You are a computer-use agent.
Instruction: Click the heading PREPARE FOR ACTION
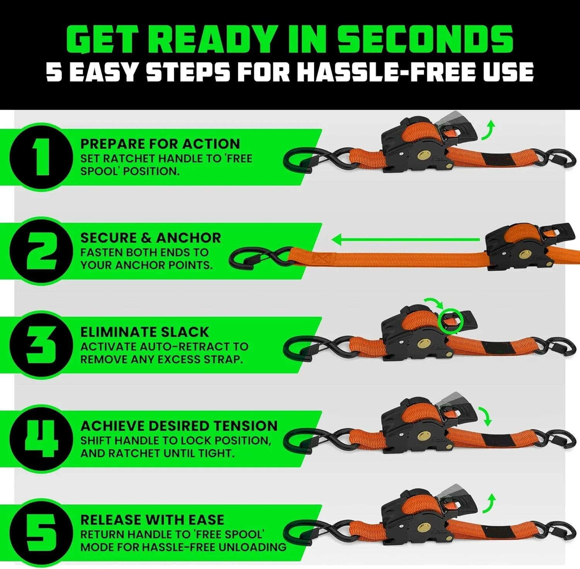point(160,144)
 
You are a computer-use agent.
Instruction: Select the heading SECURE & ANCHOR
point(151,238)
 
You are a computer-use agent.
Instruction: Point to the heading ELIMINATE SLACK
point(145,332)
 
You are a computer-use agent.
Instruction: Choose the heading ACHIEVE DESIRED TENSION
point(179,426)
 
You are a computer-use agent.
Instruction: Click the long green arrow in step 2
point(406,240)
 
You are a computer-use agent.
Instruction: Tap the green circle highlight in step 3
point(450,320)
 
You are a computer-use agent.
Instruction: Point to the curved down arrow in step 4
point(486,416)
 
